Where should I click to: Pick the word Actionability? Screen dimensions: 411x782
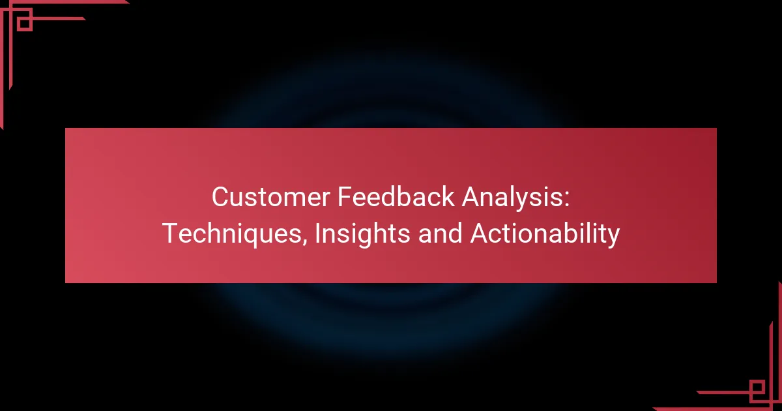(x=545, y=234)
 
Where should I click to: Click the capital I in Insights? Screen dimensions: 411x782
(x=317, y=234)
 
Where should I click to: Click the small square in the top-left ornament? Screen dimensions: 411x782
(x=24, y=23)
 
